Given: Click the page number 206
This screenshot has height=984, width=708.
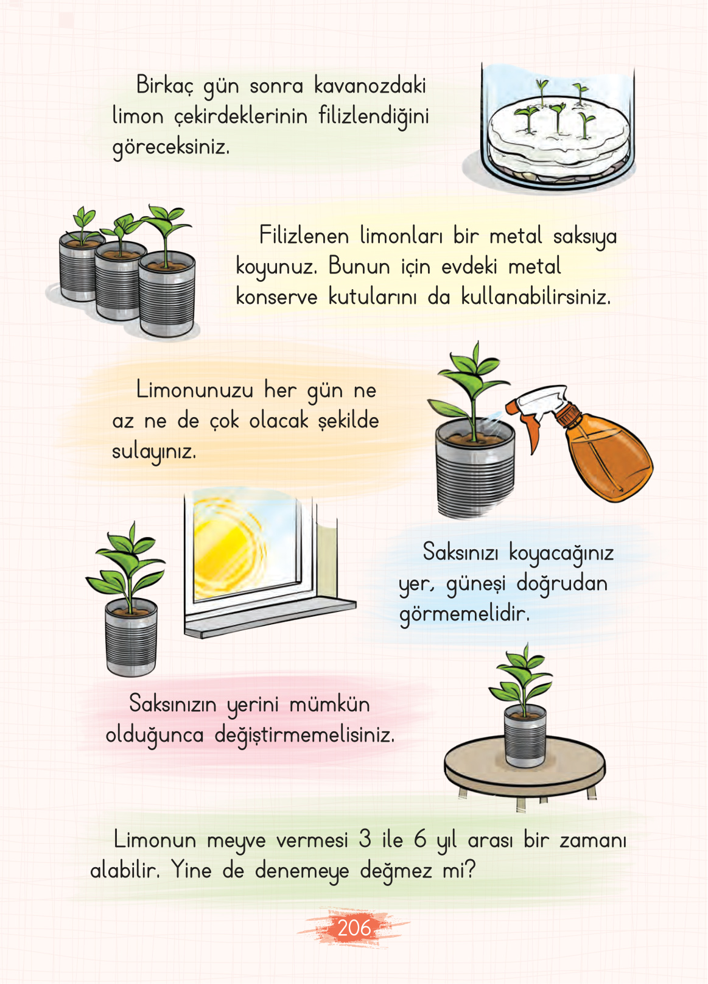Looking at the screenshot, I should click(x=354, y=928).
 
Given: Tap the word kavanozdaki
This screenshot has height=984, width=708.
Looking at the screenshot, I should click(x=370, y=86).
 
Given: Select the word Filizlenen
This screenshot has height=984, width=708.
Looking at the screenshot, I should click(x=304, y=236).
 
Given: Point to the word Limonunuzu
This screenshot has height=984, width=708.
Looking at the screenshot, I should click(x=194, y=390).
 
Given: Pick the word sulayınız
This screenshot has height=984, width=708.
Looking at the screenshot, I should click(x=154, y=452).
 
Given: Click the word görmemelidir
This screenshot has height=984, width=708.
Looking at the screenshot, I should click(x=464, y=614).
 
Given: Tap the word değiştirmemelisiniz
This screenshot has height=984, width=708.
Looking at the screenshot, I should click(x=304, y=736).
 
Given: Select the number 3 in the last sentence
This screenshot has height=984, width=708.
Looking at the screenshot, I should click(x=365, y=840).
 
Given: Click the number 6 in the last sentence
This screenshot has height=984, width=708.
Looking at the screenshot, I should click(x=420, y=840).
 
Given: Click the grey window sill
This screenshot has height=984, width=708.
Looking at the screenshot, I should click(x=268, y=618).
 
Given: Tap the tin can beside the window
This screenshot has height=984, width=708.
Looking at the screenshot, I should click(x=131, y=639).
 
